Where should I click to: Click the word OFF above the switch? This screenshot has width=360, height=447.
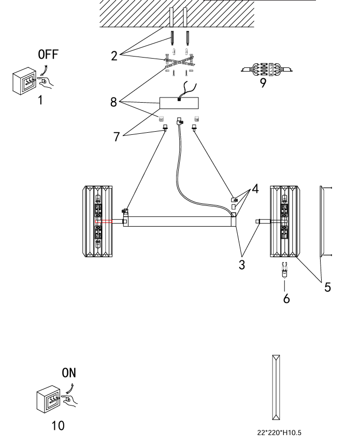pos(48,54)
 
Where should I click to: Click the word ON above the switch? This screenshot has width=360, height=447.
pos(69,373)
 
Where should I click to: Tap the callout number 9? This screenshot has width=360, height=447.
pos(263,82)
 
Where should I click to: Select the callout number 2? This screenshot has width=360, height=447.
pos(114,56)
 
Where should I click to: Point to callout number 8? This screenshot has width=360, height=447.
pos(113,102)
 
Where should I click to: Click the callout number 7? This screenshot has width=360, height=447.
pos(116,136)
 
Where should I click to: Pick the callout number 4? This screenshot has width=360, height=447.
pos(255,188)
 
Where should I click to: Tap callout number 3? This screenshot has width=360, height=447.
pos(242,265)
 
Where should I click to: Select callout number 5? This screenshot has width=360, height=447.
pos(327,287)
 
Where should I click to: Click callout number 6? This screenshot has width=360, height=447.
pos(286,299)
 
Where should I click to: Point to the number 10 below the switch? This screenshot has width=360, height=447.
pos(58,426)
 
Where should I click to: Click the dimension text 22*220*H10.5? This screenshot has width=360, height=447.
pos(279,433)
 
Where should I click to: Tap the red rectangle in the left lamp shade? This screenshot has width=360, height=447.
pos(104,221)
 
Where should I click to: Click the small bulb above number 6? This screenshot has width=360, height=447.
pos(284,270)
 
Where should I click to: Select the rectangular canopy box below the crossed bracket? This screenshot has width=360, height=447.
pos(179,103)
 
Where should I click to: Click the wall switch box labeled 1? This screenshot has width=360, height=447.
pos(24,81)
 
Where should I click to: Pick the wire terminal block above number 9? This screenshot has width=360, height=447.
pos(267,69)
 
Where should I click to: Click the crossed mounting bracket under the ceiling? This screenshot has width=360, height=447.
pos(179,62)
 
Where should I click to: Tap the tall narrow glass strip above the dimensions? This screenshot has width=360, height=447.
pos(276,387)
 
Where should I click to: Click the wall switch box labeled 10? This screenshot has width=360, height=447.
pos(48,399)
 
